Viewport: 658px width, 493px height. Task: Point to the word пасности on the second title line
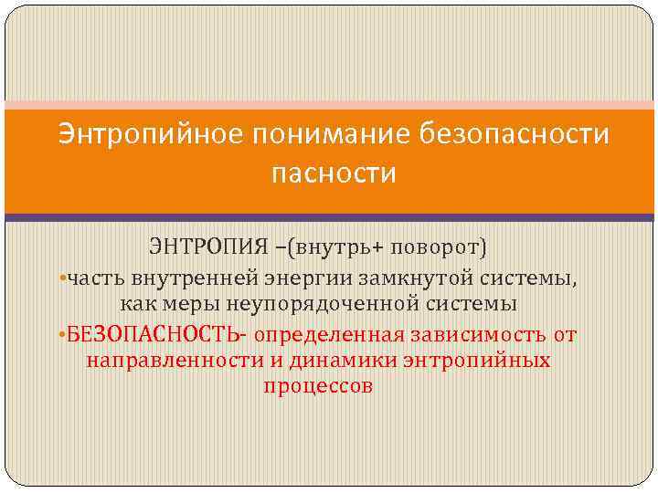[334, 173]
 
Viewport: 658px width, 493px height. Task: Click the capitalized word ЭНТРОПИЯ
[202, 246]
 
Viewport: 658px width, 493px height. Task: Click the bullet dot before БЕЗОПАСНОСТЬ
[59, 335]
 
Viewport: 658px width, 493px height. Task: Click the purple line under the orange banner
[329, 217]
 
